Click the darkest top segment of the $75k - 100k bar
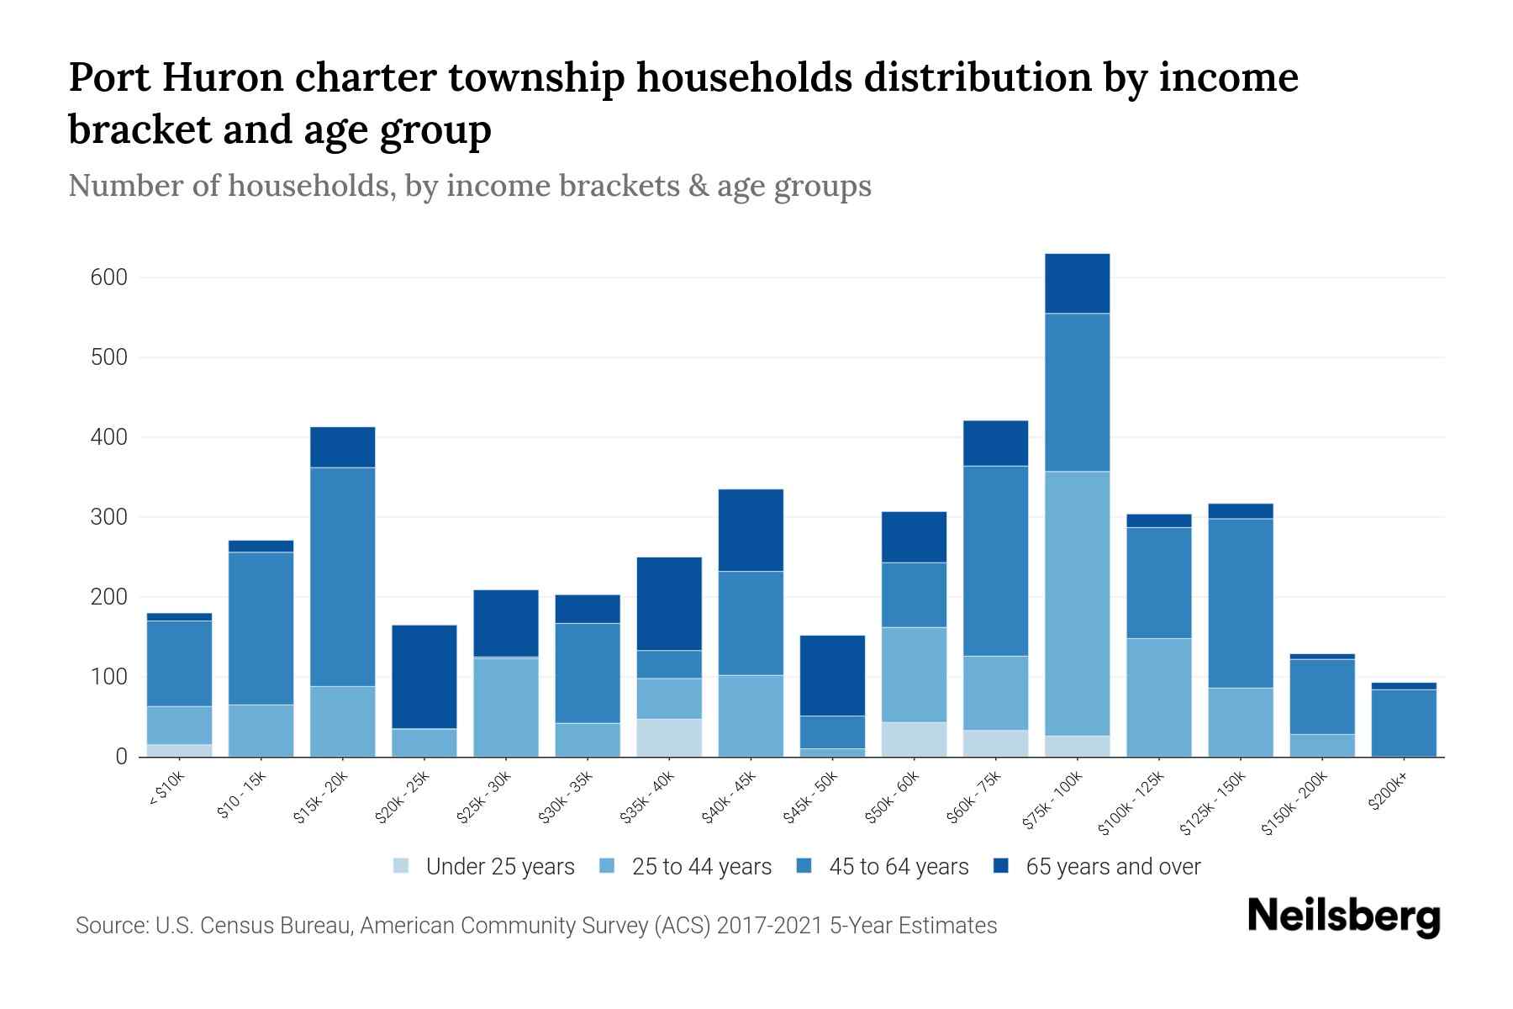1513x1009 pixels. pyautogui.click(x=1077, y=283)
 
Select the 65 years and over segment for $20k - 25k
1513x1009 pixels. pyautogui.click(x=424, y=676)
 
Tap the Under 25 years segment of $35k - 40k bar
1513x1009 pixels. pyautogui.click(x=669, y=737)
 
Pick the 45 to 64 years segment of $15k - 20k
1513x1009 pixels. pyautogui.click(x=343, y=576)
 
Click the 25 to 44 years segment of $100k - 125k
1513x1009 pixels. pyautogui.click(x=1159, y=697)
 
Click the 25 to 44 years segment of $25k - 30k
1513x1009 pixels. pyautogui.click(x=506, y=706)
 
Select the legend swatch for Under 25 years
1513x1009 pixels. pyautogui.click(x=402, y=866)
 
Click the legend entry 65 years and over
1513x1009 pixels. pyautogui.click(x=1112, y=867)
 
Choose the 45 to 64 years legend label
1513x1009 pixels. pyautogui.click(x=898, y=867)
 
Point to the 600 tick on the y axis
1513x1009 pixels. pyautogui.click(x=108, y=277)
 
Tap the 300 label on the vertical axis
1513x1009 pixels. pyautogui.click(x=108, y=517)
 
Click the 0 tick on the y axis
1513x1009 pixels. pyautogui.click(x=121, y=757)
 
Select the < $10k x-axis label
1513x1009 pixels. pyautogui.click(x=167, y=790)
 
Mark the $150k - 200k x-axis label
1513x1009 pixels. pyautogui.click(x=1294, y=803)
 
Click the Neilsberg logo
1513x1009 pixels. pyautogui.click(x=1343, y=917)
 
